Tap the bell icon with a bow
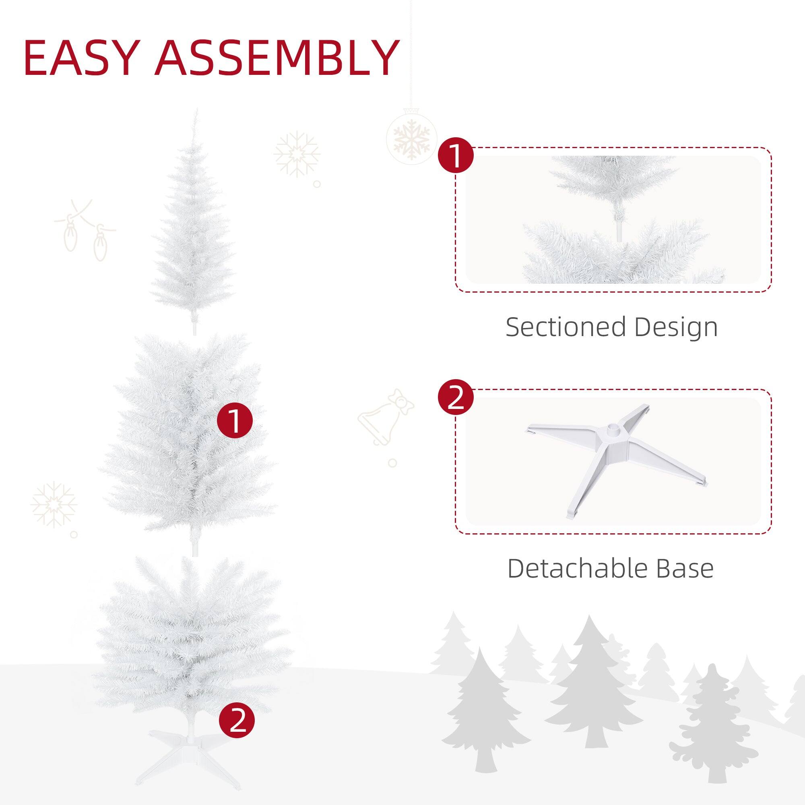click(x=385, y=417)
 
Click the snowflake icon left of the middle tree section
click(x=54, y=505)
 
